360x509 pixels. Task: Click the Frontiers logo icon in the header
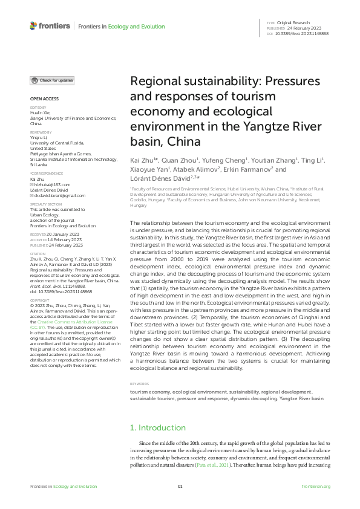[x=33, y=26]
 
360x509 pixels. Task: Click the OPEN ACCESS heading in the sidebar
[x=43, y=99]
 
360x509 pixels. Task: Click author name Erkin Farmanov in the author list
[x=242, y=170]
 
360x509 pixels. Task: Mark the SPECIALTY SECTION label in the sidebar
[x=46, y=204]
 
